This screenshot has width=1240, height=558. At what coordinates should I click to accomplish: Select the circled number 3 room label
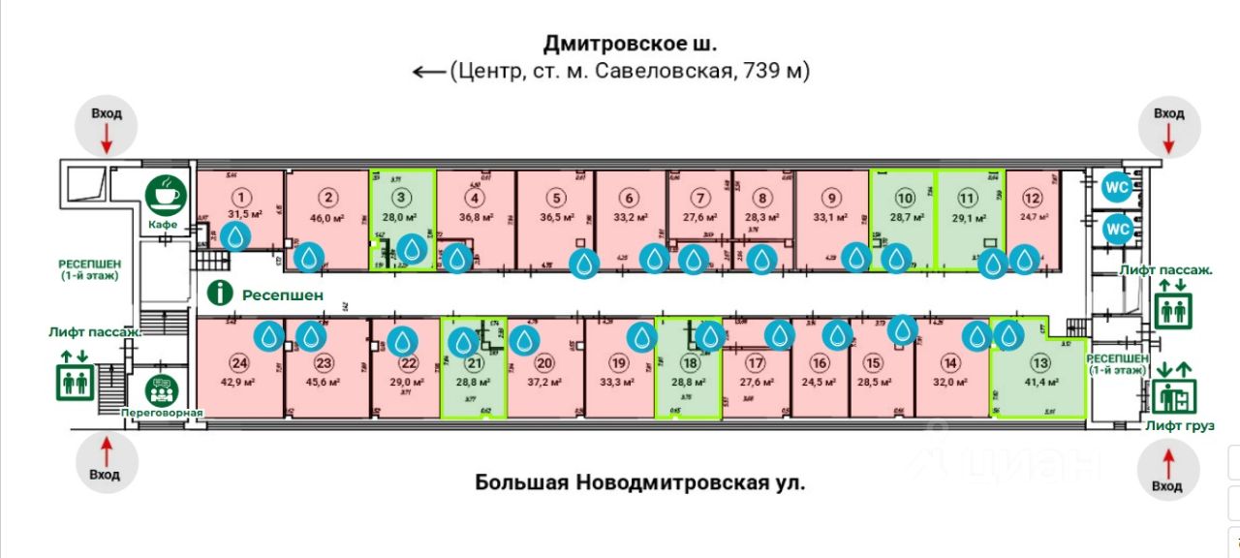412,199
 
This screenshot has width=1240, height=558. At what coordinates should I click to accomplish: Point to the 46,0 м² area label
329,218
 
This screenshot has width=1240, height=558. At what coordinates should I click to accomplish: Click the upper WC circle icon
1118,185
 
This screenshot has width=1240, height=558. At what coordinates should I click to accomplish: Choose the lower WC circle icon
1118,230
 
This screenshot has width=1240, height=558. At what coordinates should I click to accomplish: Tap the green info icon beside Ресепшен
223,293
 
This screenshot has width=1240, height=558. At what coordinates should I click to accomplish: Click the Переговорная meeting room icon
161,390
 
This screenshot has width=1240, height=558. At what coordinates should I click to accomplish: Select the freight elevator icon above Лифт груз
1174,395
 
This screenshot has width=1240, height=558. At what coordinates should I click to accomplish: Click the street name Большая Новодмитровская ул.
639,481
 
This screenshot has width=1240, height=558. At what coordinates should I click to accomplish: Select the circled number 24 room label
238,363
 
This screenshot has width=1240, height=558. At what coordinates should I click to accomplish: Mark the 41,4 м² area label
1040,384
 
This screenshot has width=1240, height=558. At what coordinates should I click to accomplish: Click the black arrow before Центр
427,71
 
